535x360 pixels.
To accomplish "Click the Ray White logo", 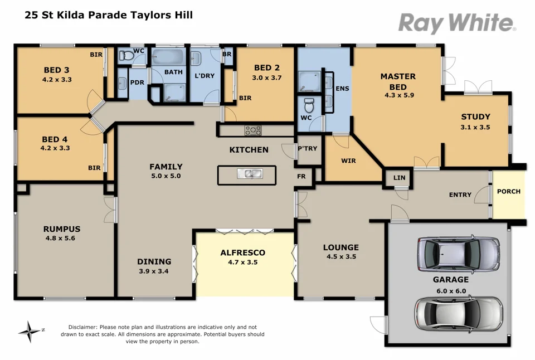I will click(456, 23).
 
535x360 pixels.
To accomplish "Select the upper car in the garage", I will click(458, 253).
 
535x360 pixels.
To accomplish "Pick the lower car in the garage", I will click(458, 313).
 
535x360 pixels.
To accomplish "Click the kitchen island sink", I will click(249, 173).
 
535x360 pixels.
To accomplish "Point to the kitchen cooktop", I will click(253, 130).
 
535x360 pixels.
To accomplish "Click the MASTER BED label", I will click(398, 81).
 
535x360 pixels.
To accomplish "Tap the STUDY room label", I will click(475, 117).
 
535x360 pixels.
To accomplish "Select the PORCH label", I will click(508, 191).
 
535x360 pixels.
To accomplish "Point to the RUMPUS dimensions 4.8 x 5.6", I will click(62, 238).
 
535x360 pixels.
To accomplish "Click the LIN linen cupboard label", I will click(399, 178).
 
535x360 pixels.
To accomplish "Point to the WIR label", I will click(348, 161).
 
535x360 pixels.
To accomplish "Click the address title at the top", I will click(109, 15).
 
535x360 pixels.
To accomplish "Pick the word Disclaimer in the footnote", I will click(82, 327).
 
